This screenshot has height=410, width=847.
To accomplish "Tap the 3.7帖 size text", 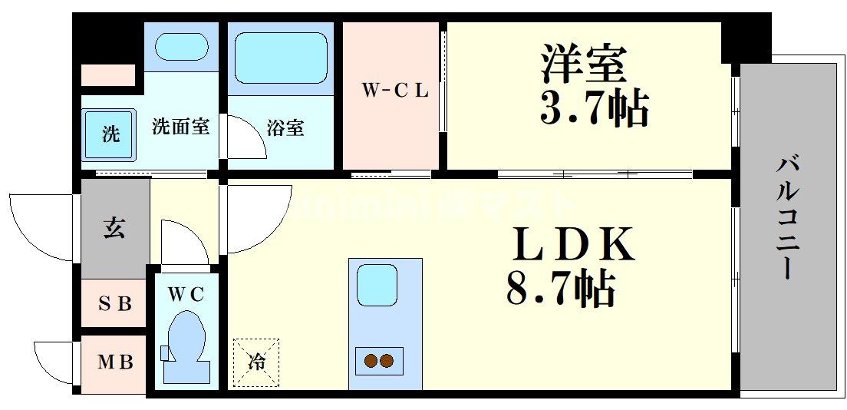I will click(595, 108).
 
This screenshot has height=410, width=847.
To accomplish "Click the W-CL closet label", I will click(394, 91).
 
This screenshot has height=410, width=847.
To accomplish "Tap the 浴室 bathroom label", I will click(285, 128).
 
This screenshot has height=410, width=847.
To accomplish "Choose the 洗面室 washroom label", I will click(181, 127).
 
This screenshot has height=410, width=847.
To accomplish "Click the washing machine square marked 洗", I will click(110, 135).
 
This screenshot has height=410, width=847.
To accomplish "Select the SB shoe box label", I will click(114, 304).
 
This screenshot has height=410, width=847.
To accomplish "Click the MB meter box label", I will click(114, 362).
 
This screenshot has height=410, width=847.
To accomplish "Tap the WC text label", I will click(186, 293).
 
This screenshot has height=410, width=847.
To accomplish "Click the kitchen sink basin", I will click(376, 285).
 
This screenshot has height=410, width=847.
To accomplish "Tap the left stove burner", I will click(370, 360).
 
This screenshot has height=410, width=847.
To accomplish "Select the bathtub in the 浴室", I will click(280, 58).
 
